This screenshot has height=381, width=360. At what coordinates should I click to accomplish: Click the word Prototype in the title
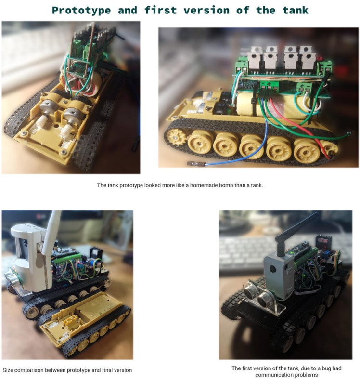81,11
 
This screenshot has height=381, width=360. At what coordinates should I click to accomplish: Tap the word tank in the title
295,10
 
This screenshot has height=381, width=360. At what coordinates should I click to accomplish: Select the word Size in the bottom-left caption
8,370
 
